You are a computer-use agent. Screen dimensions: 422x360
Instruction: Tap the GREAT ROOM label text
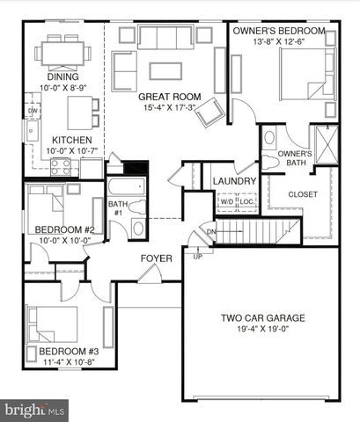pos(169,97)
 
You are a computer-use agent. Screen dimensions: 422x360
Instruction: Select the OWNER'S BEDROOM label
pos(279,31)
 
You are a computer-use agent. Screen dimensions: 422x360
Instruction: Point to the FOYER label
pos(156,258)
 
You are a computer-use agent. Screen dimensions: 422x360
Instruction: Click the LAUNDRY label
pos(234,182)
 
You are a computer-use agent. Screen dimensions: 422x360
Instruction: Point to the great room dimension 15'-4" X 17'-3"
pos(169,108)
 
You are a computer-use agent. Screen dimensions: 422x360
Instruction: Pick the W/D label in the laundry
pos(227,201)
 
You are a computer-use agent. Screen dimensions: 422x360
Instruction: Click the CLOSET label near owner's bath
pos(304,194)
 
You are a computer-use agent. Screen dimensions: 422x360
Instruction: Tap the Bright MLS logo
pos(35,410)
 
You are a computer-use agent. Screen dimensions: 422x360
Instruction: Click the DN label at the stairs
pos(210,232)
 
